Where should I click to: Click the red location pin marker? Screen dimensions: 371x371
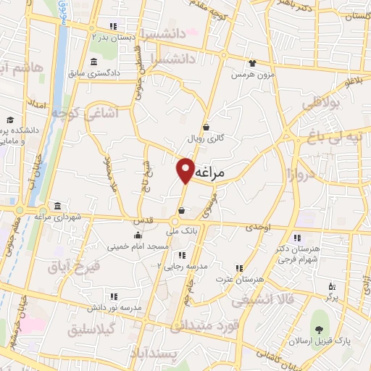(x=186, y=170)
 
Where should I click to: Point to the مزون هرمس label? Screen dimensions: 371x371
(x=250, y=75)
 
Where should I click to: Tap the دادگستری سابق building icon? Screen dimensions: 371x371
(x=93, y=62)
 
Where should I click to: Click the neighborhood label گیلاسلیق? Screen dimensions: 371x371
(x=98, y=328)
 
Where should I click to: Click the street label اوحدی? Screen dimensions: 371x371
(x=257, y=227)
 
